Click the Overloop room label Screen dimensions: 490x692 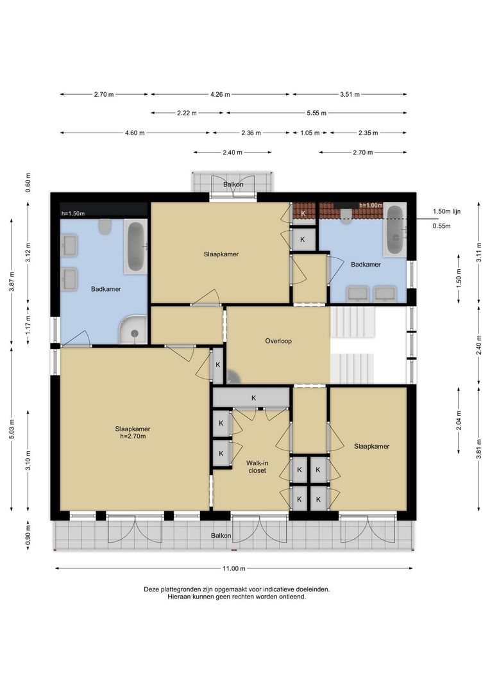pos(278,341)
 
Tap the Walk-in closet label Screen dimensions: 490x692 pos(257,467)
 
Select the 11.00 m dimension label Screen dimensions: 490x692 pos(233,568)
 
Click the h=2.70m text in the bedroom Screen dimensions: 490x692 pos(133,436)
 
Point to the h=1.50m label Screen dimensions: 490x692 pos(73,213)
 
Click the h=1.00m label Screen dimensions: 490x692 pos(371,205)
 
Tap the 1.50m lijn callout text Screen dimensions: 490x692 pos(446,211)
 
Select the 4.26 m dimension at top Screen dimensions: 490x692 pos(220,94)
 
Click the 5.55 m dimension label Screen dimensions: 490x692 pos(317,113)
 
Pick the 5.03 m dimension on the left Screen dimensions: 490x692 pos(12,429)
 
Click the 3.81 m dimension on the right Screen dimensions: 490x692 pos(479,449)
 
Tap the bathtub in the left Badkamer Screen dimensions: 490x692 pos(135,247)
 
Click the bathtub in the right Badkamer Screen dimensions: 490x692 pos(395,229)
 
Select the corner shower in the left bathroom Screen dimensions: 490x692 pos(133,330)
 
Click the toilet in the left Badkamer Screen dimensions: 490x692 pos(105,226)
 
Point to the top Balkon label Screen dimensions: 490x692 pos(233,185)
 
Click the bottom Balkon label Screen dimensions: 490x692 pos(221,536)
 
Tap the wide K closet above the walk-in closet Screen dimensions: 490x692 pos(251,398)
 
